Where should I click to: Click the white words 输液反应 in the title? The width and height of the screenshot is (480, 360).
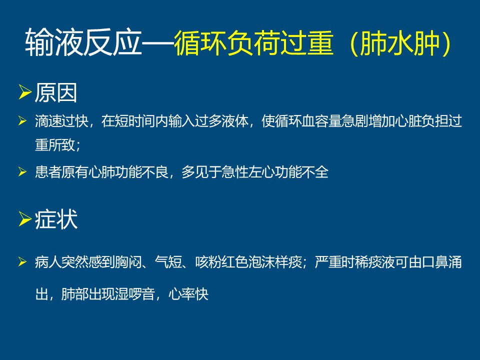click(x=83, y=42)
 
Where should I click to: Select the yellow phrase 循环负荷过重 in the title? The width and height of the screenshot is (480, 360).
click(x=254, y=42)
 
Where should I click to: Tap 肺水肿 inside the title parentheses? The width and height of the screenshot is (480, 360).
click(x=400, y=42)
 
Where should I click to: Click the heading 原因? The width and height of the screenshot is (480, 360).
click(x=55, y=93)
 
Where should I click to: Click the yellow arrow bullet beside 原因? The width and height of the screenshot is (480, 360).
click(x=25, y=92)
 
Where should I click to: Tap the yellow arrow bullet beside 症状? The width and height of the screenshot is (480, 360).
click(x=25, y=218)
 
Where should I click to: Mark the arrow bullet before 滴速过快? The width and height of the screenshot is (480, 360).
click(x=22, y=120)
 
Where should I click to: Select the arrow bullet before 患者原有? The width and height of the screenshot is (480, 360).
click(x=22, y=171)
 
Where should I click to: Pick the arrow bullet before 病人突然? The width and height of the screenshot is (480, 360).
click(x=22, y=261)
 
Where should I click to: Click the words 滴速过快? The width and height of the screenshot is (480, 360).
click(x=61, y=121)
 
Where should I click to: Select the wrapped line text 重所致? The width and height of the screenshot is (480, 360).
click(x=55, y=144)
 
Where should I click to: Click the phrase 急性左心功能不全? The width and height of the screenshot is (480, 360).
click(x=275, y=171)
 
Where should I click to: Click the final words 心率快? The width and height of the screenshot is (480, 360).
click(x=188, y=294)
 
